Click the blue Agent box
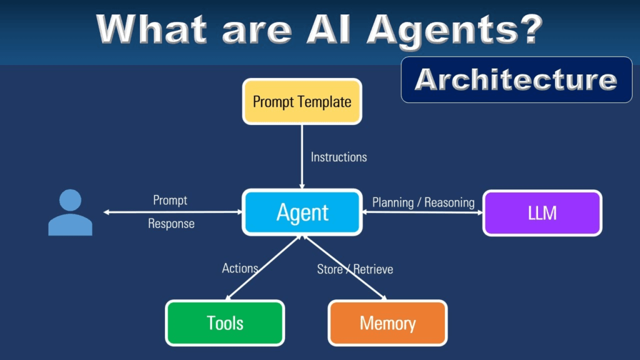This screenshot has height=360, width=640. [302, 212]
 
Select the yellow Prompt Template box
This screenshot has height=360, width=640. [302, 101]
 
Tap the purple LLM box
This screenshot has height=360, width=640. [542, 213]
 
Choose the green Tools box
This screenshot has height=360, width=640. [225, 322]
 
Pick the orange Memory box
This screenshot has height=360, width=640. [387, 322]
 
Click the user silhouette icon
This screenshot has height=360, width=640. [70, 213]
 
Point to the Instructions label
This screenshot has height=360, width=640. [339, 157]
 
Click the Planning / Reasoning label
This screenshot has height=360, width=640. [423, 202]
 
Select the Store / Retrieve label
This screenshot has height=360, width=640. [355, 269]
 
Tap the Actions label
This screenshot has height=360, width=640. [240, 268]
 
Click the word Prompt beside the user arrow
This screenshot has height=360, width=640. [170, 201]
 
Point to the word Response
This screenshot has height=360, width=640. [171, 223]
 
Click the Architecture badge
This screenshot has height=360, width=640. [516, 79]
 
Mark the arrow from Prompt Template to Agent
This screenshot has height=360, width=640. [302, 156]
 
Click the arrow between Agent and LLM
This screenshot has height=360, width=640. [422, 212]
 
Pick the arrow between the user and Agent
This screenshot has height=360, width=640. [172, 212]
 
